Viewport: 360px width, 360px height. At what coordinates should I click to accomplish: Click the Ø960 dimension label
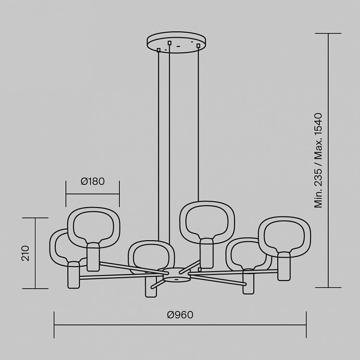pyautogui.click(x=180, y=315)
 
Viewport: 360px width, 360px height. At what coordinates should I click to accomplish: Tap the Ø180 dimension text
pyautogui.click(x=92, y=181)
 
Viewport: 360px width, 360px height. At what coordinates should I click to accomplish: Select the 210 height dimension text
pyautogui.click(x=26, y=253)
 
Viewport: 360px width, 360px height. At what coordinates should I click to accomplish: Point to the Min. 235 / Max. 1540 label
pyautogui.click(x=319, y=160)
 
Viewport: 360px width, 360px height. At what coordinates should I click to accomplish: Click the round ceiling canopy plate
pyautogui.click(x=176, y=42)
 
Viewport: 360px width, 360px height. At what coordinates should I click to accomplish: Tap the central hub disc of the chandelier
pyautogui.click(x=176, y=274)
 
